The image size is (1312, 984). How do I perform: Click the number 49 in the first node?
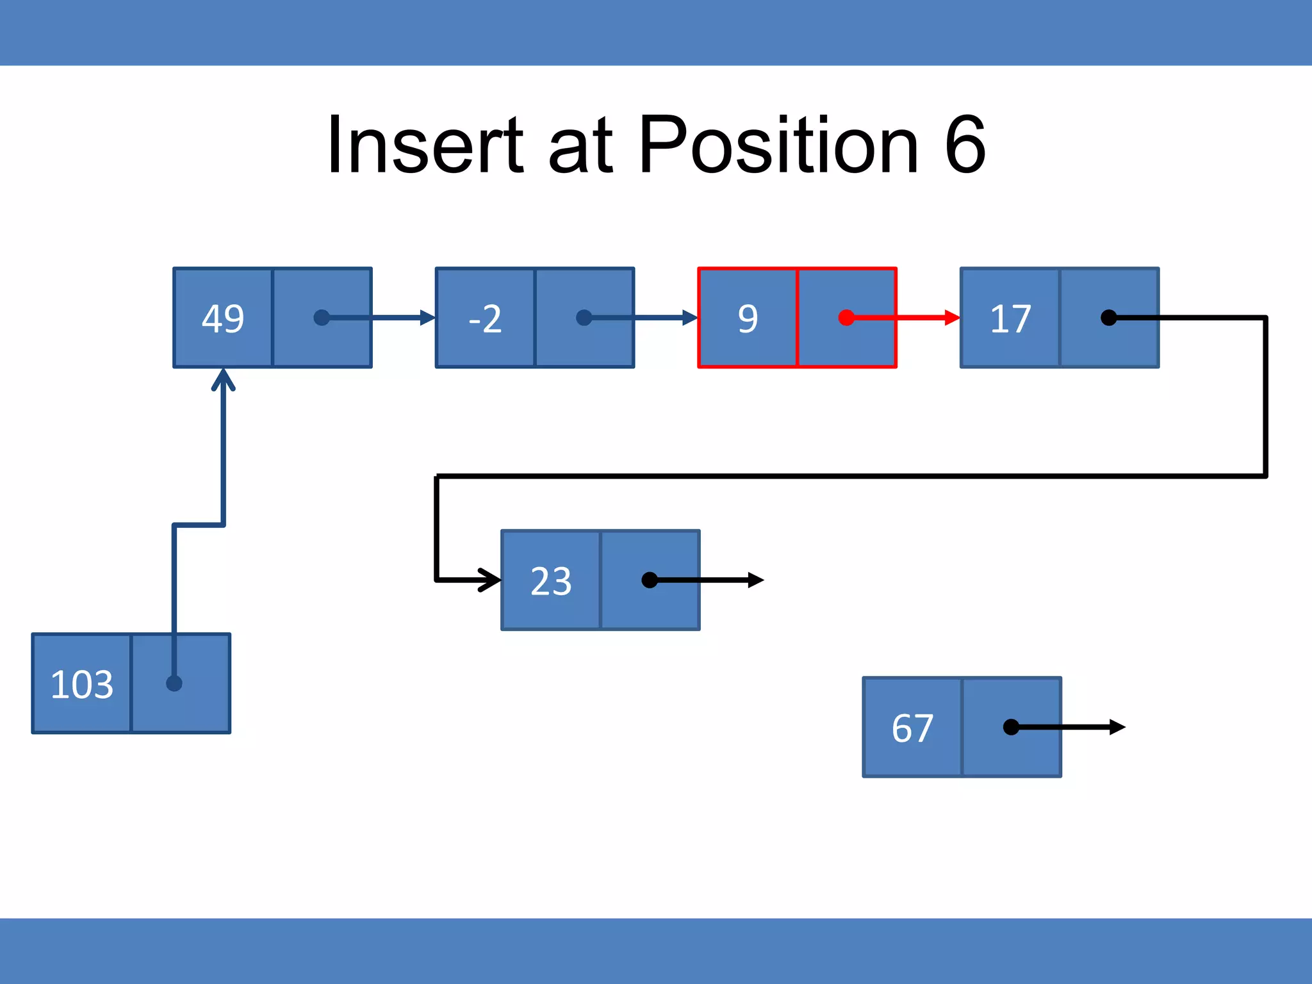tap(223, 318)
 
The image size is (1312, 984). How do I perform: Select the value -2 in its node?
tap(485, 318)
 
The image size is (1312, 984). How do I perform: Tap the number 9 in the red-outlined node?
tap(748, 318)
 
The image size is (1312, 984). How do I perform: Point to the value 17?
tap(1010, 318)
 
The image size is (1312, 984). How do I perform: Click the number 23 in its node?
tap(551, 581)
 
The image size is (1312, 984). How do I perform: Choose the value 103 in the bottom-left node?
tap(82, 684)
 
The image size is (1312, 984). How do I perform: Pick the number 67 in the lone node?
tap(912, 728)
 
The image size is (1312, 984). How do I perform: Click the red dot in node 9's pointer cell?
tap(846, 318)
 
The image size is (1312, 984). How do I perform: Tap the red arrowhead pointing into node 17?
tap(952, 318)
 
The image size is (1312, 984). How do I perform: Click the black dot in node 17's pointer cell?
tap(1108, 318)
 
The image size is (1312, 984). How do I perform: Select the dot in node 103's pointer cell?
tap(174, 684)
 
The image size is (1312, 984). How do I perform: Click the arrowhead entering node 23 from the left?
tap(492, 580)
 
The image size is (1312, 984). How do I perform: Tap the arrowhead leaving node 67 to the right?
tap(1117, 727)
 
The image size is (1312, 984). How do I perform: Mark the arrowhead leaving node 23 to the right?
tap(756, 580)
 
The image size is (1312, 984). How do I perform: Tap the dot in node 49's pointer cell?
tap(322, 318)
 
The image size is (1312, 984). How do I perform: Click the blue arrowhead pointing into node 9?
tap(690, 318)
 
